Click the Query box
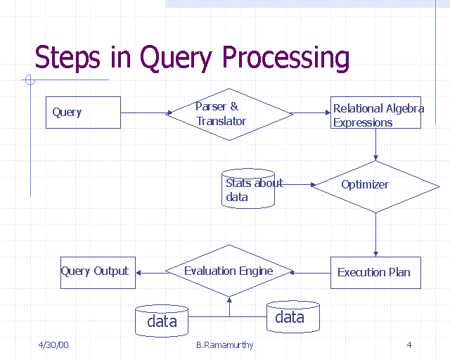pyautogui.click(x=83, y=112)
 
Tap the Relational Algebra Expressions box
pyautogui.click(x=376, y=112)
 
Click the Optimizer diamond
pyautogui.click(x=375, y=186)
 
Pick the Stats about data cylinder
pyautogui.click(x=247, y=188)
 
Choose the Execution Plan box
pyautogui.click(x=375, y=273)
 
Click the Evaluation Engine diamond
pyautogui.click(x=228, y=271)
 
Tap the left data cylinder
pyautogui.click(x=162, y=321)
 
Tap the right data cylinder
pyautogui.click(x=292, y=317)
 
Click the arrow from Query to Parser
pyautogui.click(x=146, y=112)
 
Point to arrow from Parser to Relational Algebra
pyautogui.click(x=311, y=112)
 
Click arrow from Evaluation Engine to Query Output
pyautogui.click(x=150, y=272)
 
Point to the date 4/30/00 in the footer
pyautogui.click(x=53, y=345)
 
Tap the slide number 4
pyautogui.click(x=409, y=345)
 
